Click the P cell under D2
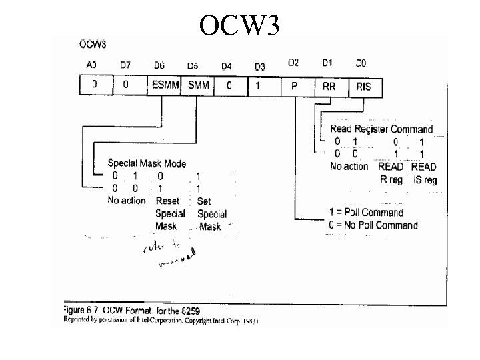294,85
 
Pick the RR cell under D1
329,85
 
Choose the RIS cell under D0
364,85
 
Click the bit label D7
126,65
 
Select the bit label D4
226,66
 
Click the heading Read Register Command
381,129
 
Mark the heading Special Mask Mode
147,163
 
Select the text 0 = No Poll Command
374,225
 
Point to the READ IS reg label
424,173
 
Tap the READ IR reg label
390,173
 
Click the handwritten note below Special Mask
167,253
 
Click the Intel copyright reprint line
160,321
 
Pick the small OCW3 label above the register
93,45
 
